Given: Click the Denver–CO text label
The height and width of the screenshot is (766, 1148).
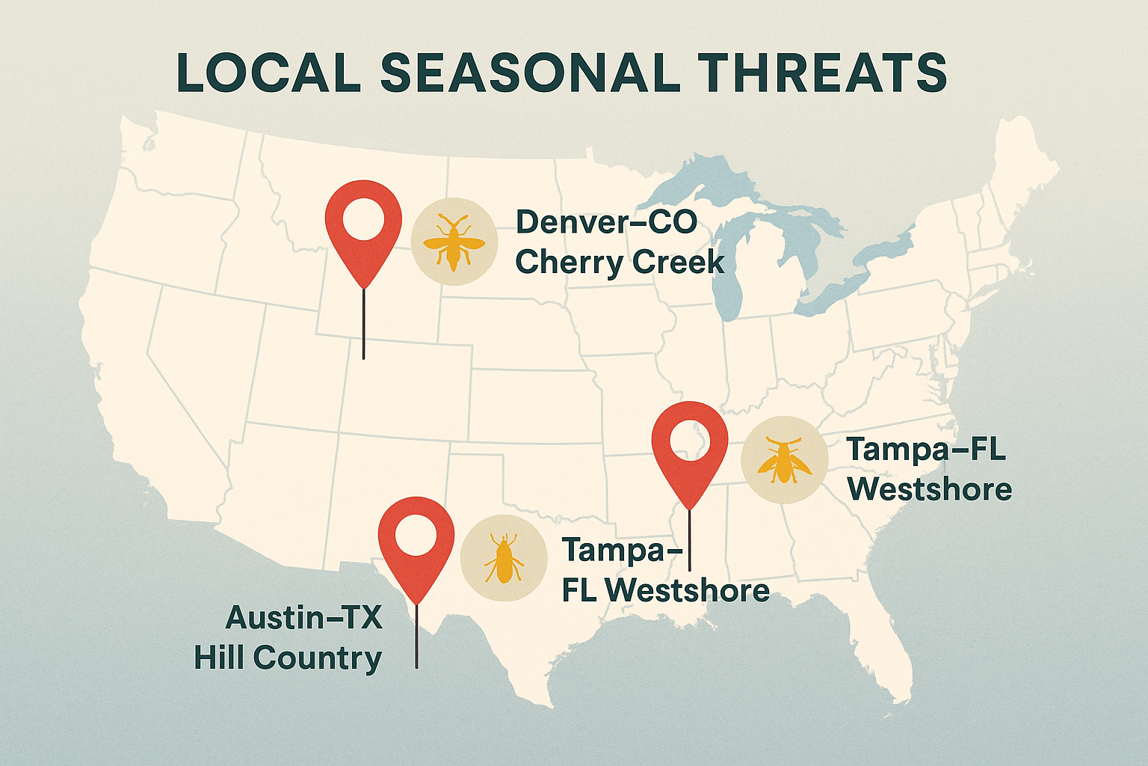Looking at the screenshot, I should pos(606,221).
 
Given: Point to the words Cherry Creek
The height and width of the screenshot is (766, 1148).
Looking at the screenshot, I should pos(620,263).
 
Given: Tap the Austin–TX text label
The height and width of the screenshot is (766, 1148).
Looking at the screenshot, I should pos(303,618).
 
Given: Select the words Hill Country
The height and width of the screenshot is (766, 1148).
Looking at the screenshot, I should pos(288,658).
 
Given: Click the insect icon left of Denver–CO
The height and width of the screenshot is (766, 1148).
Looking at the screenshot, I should pos(454,242).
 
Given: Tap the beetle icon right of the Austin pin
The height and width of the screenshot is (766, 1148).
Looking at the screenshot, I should pos(503,559).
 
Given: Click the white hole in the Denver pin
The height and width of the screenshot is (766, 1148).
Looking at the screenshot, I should pos(363,219).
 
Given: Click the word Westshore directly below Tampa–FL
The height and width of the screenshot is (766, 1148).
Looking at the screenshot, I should pos(930,489).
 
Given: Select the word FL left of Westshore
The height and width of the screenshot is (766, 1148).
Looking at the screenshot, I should pos(580,591).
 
